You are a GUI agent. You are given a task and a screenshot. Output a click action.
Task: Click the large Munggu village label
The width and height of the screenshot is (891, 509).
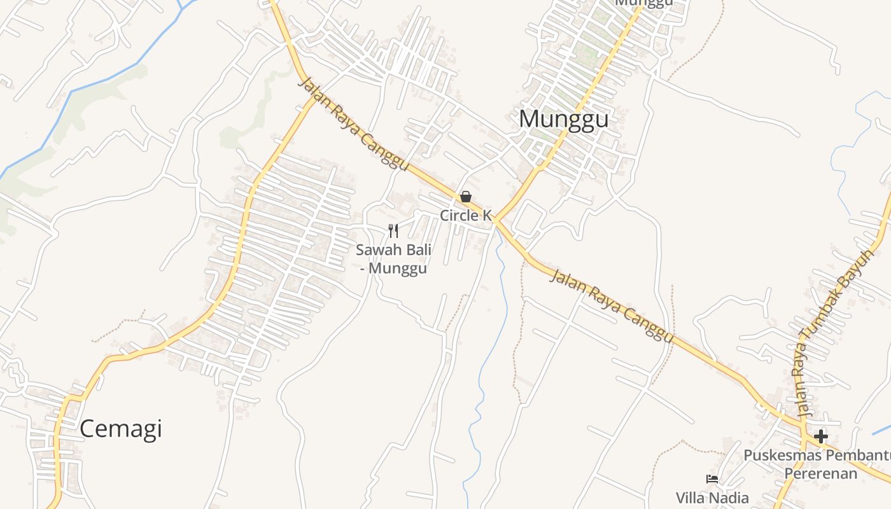coord(563,119)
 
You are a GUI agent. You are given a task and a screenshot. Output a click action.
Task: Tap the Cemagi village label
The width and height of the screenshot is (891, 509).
coord(120,429)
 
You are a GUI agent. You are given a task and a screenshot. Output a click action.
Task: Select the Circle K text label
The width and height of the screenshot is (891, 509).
coord(466,216)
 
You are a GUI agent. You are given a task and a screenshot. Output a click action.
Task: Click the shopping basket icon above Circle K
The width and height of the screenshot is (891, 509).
coord(466,197)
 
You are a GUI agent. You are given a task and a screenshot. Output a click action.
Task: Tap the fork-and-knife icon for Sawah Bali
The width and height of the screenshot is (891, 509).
coord(393,230)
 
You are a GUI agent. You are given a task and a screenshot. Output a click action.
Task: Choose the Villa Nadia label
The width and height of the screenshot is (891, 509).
coord(712,498)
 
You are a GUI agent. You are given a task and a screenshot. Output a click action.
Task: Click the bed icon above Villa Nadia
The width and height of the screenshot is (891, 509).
coord(712,479)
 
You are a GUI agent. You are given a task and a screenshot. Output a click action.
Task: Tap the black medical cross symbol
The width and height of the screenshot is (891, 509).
coord(821,436)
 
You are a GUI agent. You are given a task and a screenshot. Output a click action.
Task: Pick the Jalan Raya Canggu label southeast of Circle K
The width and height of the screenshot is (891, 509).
coord(611,305)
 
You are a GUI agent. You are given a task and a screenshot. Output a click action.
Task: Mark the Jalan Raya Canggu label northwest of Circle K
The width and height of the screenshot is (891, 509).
coord(353,123)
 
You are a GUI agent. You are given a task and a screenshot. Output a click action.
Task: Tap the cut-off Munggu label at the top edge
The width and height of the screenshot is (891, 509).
coord(644,3)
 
